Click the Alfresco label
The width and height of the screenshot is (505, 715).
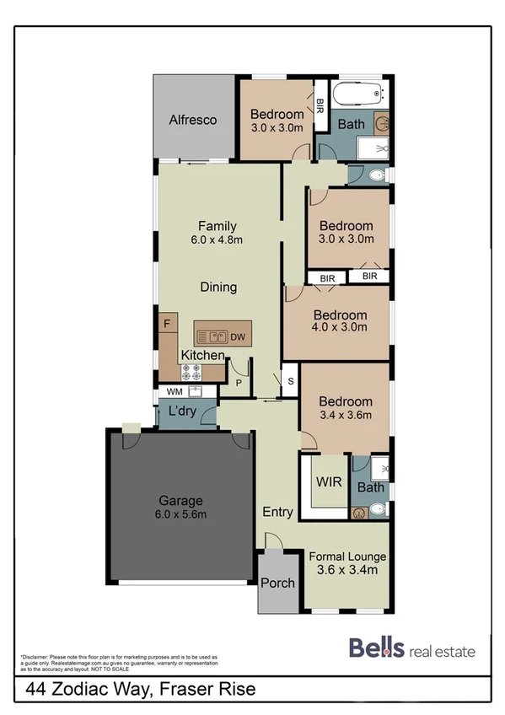click(192, 120)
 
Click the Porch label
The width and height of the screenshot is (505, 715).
click(277, 583)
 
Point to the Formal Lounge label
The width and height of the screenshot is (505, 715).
click(347, 556)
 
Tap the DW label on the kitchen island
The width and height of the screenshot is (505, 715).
click(239, 336)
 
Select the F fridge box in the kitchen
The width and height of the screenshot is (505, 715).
click(166, 323)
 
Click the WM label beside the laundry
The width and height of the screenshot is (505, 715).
click(175, 391)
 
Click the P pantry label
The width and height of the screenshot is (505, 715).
click(239, 382)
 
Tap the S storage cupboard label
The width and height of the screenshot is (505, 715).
click(290, 381)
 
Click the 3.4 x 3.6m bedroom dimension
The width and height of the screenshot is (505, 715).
click(345, 416)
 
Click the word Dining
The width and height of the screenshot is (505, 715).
click(218, 287)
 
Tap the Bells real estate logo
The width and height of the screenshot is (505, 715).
click(411, 649)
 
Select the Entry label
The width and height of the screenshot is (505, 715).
click(277, 512)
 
